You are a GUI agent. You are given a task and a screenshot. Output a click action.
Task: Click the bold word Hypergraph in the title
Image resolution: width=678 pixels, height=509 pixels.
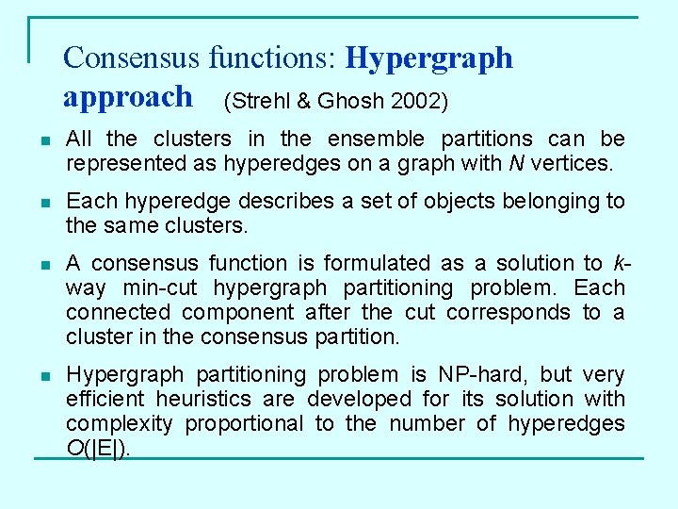point(429,59)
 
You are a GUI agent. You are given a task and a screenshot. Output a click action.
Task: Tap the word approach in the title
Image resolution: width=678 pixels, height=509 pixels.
point(127,97)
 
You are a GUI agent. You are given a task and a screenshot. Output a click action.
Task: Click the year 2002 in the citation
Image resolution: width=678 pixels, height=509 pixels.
point(419,101)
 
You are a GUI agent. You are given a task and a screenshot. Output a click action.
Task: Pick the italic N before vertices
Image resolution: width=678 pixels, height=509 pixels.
point(514,164)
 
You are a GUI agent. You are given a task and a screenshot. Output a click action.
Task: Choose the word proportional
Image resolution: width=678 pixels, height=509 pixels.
point(244,424)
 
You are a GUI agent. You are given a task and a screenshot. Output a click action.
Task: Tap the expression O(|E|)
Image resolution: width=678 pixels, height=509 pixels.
point(99,449)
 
